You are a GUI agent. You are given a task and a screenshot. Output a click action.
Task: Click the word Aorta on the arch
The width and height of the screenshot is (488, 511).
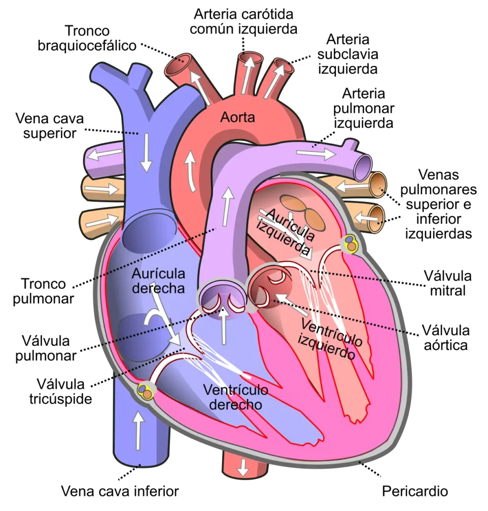point(237,117)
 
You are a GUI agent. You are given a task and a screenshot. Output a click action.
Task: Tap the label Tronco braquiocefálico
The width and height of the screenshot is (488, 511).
point(87,38)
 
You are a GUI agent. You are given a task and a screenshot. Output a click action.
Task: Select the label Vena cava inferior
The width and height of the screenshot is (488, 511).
point(120,491)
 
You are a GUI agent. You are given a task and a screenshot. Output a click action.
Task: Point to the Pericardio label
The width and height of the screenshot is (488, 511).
point(415,491)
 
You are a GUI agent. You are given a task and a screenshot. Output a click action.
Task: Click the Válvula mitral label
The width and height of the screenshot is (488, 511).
point(448,283)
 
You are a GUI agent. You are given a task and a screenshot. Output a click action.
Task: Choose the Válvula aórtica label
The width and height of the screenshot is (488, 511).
point(446,338)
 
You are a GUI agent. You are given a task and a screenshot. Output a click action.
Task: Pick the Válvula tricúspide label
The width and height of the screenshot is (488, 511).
point(60,391)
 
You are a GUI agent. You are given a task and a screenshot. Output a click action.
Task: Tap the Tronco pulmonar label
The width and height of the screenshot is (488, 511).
point(43,291)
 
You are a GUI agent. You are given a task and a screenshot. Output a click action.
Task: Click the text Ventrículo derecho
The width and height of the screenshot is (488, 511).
point(236,397)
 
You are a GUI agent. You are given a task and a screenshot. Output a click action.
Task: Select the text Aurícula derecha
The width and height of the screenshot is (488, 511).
point(158,281)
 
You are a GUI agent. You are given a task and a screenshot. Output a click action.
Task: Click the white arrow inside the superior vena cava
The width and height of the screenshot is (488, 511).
point(146,153)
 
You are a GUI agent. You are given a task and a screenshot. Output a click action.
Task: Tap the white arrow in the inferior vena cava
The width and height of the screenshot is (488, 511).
point(139,430)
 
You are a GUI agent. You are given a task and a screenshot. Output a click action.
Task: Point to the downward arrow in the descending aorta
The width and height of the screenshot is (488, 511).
point(243,468)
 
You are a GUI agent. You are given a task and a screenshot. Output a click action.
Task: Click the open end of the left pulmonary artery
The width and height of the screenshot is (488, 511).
point(363,168)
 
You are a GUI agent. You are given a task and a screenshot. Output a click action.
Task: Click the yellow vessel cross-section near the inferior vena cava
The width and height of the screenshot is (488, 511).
point(146,391)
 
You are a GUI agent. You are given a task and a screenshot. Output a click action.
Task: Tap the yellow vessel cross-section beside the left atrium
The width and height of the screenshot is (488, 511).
point(350,243)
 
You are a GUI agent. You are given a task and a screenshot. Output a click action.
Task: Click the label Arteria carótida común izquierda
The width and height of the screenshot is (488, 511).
point(244,21)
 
